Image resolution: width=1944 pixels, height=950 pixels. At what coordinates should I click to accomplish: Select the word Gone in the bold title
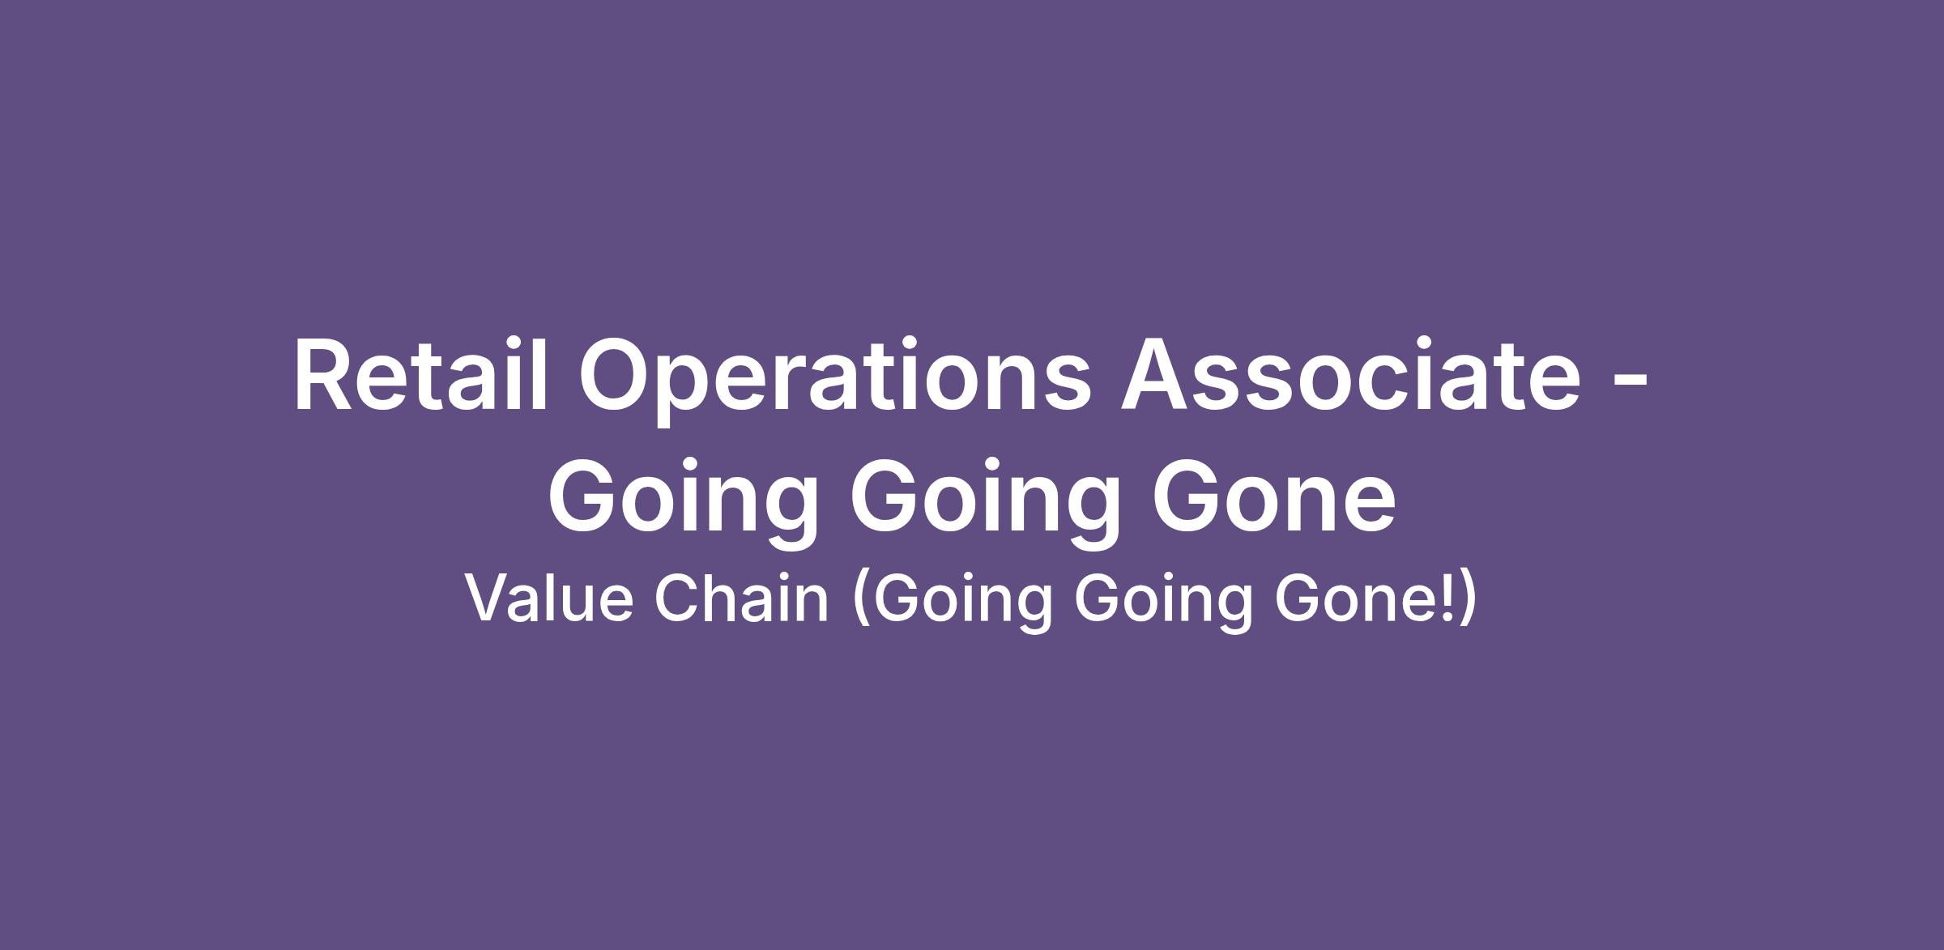pyautogui.click(x=1273, y=494)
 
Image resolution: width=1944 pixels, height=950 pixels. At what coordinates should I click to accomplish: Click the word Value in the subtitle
pyautogui.click(x=548, y=599)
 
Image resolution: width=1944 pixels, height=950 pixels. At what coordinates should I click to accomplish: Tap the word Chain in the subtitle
pyautogui.click(x=741, y=599)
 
